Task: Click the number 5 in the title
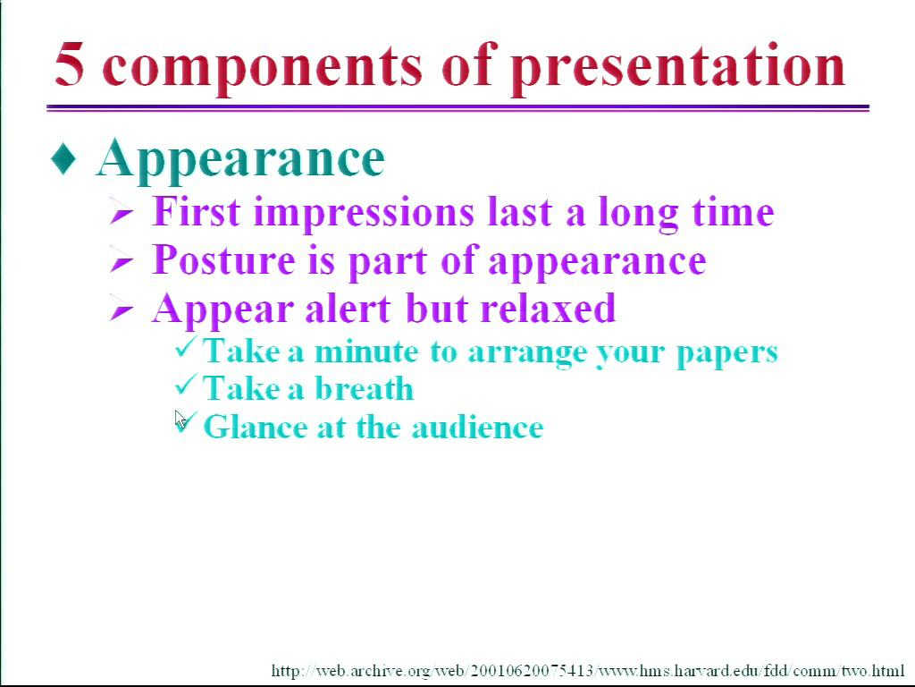(x=70, y=64)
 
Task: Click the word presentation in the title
(x=678, y=68)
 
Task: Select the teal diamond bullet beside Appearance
(x=63, y=159)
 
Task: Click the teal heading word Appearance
(x=240, y=160)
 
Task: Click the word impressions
(x=364, y=214)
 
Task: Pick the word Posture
(x=223, y=259)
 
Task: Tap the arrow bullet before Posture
(x=122, y=260)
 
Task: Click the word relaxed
(x=548, y=308)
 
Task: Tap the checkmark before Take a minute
(x=186, y=347)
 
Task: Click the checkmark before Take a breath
(x=186, y=385)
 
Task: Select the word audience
(x=477, y=427)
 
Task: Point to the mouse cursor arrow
(x=180, y=420)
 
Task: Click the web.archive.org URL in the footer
(x=588, y=670)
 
